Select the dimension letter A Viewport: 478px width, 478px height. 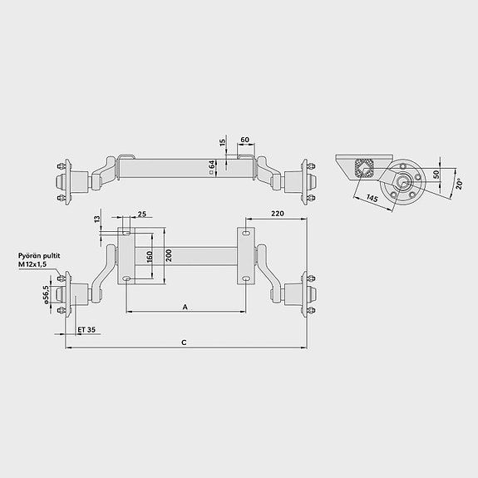185,307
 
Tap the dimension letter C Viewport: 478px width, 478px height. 184,342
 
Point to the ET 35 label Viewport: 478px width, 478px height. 86,330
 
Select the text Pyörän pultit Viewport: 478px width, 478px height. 40,255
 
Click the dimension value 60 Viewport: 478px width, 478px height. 245,139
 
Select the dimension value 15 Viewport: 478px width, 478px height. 224,142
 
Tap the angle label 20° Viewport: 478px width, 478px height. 459,182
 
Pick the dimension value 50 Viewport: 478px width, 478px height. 436,175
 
